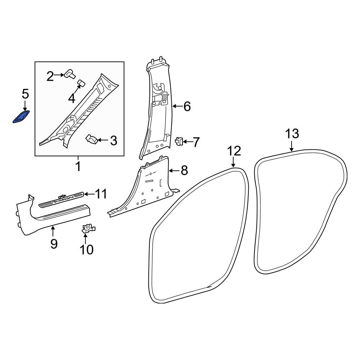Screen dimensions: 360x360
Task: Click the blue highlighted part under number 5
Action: click(x=21, y=117)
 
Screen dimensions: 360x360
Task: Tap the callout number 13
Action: click(x=292, y=134)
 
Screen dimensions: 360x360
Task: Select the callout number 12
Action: click(x=234, y=151)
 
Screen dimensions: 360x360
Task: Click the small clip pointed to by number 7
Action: click(x=179, y=141)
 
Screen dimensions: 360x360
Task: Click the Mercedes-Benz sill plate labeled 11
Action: click(x=62, y=200)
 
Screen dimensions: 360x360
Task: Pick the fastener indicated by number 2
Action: click(x=70, y=74)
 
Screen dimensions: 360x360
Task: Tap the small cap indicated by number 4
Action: click(x=81, y=83)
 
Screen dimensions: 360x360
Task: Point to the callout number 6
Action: click(x=187, y=107)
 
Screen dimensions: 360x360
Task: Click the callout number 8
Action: click(x=184, y=171)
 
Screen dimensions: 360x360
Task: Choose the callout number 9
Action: click(x=54, y=244)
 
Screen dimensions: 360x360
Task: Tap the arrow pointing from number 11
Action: click(x=89, y=194)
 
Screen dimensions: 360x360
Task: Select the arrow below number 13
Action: click(x=292, y=146)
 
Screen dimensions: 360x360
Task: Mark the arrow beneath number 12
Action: click(x=233, y=162)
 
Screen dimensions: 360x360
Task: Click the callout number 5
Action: click(x=25, y=94)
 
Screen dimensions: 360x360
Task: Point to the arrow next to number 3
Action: click(x=103, y=140)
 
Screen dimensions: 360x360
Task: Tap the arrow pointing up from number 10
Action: click(x=85, y=238)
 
